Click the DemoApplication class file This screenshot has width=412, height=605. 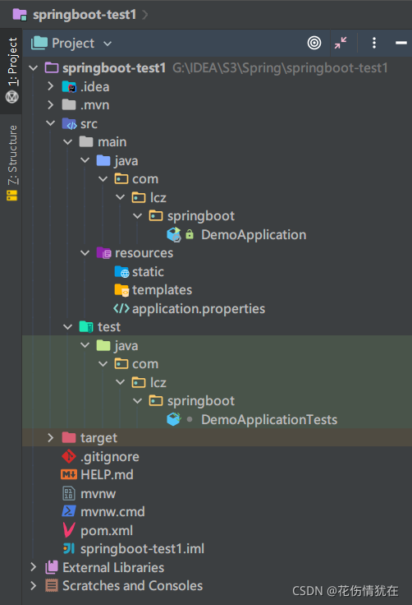[x=254, y=234]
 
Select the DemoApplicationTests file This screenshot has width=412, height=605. [x=269, y=419]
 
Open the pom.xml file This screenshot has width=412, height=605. [x=107, y=530]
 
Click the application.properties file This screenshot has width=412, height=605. [x=199, y=309]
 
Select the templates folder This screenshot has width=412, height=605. [x=162, y=290]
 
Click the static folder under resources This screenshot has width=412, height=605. [x=148, y=271]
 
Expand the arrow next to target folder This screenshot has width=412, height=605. [x=51, y=437]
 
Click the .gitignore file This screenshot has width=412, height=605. [x=110, y=456]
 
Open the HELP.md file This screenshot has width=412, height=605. [x=107, y=474]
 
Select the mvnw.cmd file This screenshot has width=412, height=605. [x=112, y=511]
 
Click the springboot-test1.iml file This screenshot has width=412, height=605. [x=142, y=548]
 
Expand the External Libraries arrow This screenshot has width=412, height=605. [x=34, y=567]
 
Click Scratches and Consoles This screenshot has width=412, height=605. [x=133, y=586]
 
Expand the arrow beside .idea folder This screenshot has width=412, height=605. [x=51, y=86]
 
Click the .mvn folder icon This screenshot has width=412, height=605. [x=69, y=104]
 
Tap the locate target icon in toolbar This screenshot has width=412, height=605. [x=314, y=43]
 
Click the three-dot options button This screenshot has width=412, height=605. [x=374, y=43]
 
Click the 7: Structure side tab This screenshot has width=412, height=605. [x=12, y=163]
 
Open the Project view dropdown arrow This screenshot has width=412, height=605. [x=108, y=44]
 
